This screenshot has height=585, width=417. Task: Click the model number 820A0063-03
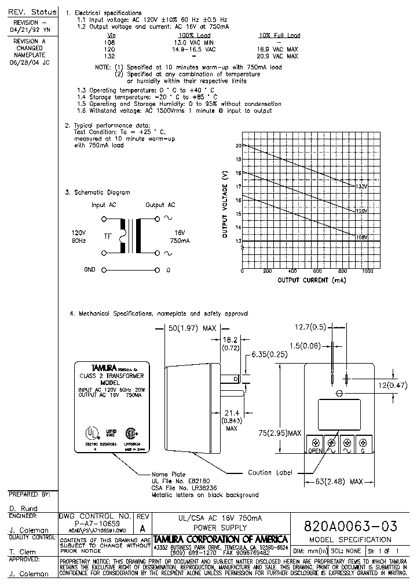[x=350, y=526]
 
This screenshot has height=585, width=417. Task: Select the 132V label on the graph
[x=361, y=186]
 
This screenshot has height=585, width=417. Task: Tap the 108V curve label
[x=361, y=237]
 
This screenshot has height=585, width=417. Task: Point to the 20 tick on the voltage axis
[x=238, y=146]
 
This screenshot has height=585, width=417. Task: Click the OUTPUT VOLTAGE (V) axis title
[x=225, y=205]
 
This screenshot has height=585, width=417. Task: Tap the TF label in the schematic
[x=108, y=235]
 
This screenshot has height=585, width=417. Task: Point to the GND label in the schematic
[x=90, y=269]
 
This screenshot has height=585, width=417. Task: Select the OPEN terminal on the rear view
[x=315, y=450]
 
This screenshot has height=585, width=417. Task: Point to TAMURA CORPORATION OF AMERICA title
[x=221, y=539]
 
